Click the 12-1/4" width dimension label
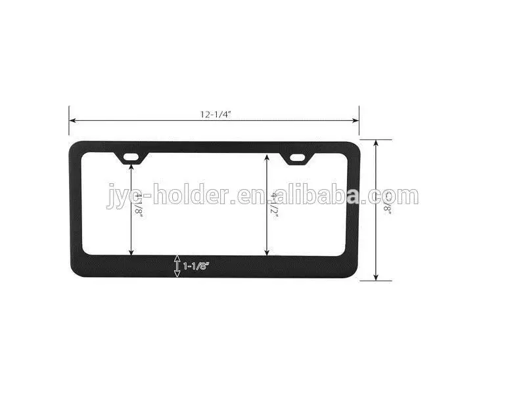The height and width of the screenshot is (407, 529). [216, 114]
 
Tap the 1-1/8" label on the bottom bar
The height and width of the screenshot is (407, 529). [196, 266]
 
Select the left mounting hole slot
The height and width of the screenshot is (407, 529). [132, 158]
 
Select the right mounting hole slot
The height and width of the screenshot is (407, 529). [298, 158]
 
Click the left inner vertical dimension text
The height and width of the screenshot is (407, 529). [139, 203]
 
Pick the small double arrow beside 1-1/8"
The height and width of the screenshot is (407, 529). [176, 266]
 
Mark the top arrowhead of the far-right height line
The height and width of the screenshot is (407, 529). [376, 142]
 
